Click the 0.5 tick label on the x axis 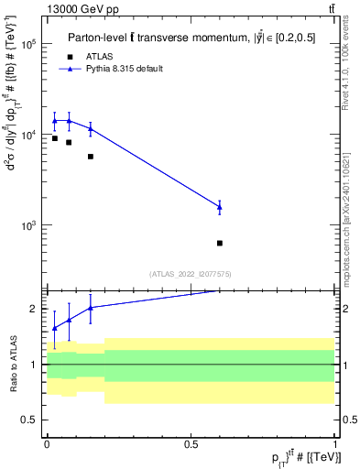pos(191,444)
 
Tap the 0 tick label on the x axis pos(47,444)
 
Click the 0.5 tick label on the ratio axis pos(31,420)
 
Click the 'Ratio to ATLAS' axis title pos(12,364)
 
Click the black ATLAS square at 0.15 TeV pos(90,157)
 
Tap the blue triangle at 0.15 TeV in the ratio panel pos(90,308)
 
